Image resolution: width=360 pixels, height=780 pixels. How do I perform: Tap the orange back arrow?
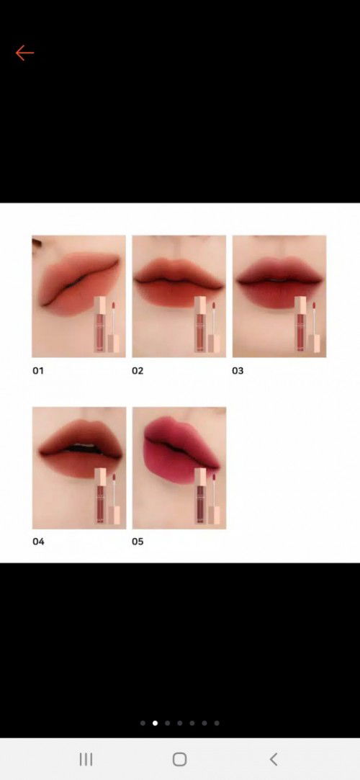[x=24, y=53]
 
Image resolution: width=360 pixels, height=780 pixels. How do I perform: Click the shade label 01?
[x=38, y=371]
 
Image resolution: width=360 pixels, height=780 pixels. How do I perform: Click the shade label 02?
[x=138, y=371]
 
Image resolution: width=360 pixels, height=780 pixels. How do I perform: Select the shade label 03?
[x=238, y=371]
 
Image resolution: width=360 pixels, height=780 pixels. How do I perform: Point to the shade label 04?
[x=38, y=541]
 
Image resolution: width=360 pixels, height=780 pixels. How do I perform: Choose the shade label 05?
[x=138, y=541]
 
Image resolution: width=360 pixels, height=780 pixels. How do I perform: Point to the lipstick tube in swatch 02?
[x=206, y=323]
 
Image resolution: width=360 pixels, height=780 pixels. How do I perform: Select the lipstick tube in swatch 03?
[x=306, y=323]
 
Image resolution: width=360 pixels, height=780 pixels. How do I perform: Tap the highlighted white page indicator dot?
[x=155, y=722]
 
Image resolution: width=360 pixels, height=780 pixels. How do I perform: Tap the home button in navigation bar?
[x=180, y=759]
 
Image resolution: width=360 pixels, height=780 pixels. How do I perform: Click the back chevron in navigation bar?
[x=274, y=759]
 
